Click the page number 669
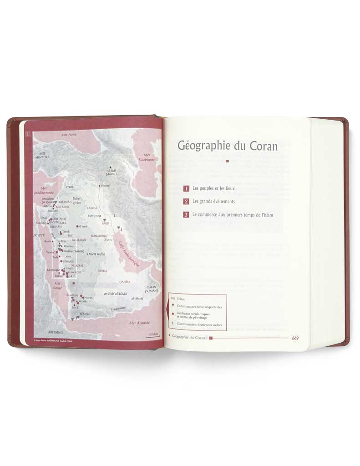click(295, 338)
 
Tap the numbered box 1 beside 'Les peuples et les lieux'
click(187, 188)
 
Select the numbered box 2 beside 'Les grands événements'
click(187, 201)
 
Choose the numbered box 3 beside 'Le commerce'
click(187, 214)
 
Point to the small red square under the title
click(227, 161)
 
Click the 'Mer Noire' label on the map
click(69, 135)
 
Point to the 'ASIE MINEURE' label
click(43, 156)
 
